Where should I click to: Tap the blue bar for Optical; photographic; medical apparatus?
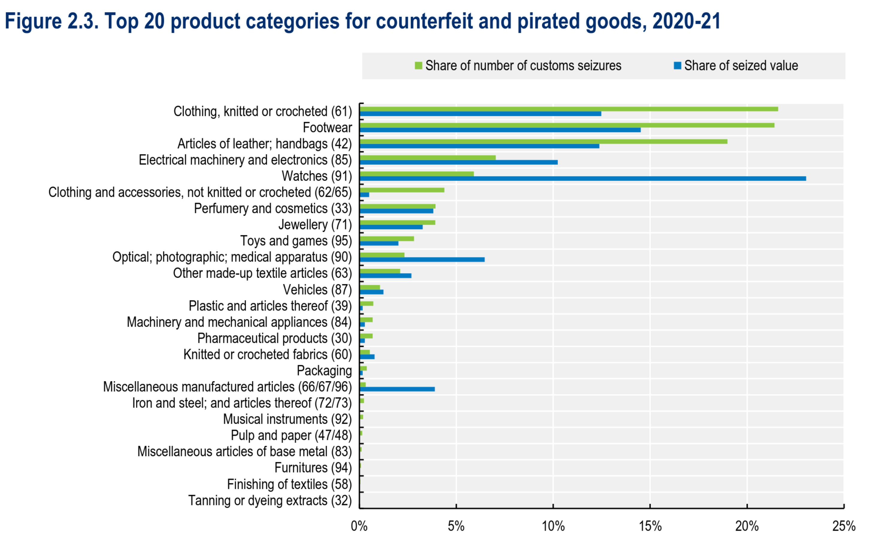(x=422, y=259)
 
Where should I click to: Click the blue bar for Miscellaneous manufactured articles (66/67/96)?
(x=397, y=389)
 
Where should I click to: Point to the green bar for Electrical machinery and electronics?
(x=427, y=158)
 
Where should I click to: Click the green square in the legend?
(x=418, y=66)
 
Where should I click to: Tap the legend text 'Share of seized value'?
(x=741, y=66)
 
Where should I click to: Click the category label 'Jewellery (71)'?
(x=315, y=225)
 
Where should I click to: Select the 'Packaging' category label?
(x=324, y=371)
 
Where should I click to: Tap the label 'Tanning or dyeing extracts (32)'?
(x=270, y=501)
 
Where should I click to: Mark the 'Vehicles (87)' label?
(x=317, y=290)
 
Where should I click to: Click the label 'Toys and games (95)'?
(x=296, y=241)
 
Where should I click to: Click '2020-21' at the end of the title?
(x=686, y=22)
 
